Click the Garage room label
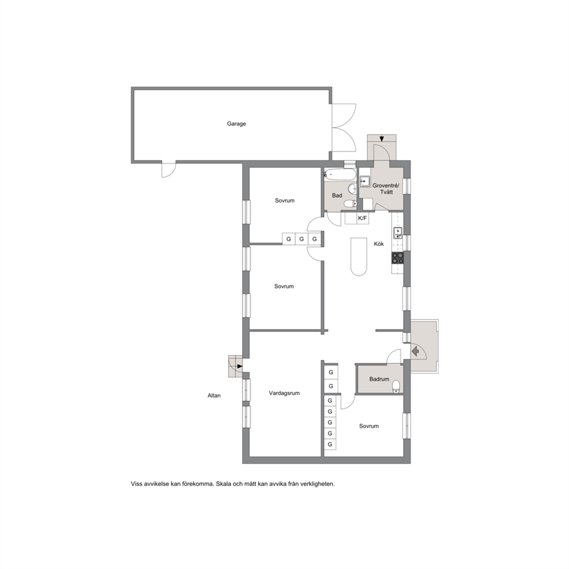click(x=236, y=124)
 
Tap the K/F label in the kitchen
click(x=363, y=219)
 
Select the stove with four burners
click(x=397, y=258)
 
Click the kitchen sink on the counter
click(x=397, y=233)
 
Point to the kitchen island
click(x=358, y=257)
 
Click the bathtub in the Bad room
click(x=340, y=174)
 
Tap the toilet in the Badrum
click(x=397, y=387)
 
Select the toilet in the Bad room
click(x=350, y=204)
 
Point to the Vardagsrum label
click(x=284, y=393)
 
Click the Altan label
click(x=214, y=396)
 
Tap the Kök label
click(x=379, y=244)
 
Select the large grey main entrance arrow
click(x=416, y=351)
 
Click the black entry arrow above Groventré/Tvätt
click(x=382, y=138)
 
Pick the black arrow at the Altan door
click(x=240, y=367)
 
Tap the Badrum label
click(x=379, y=379)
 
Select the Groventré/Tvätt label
click(x=386, y=189)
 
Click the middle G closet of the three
click(x=302, y=239)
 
